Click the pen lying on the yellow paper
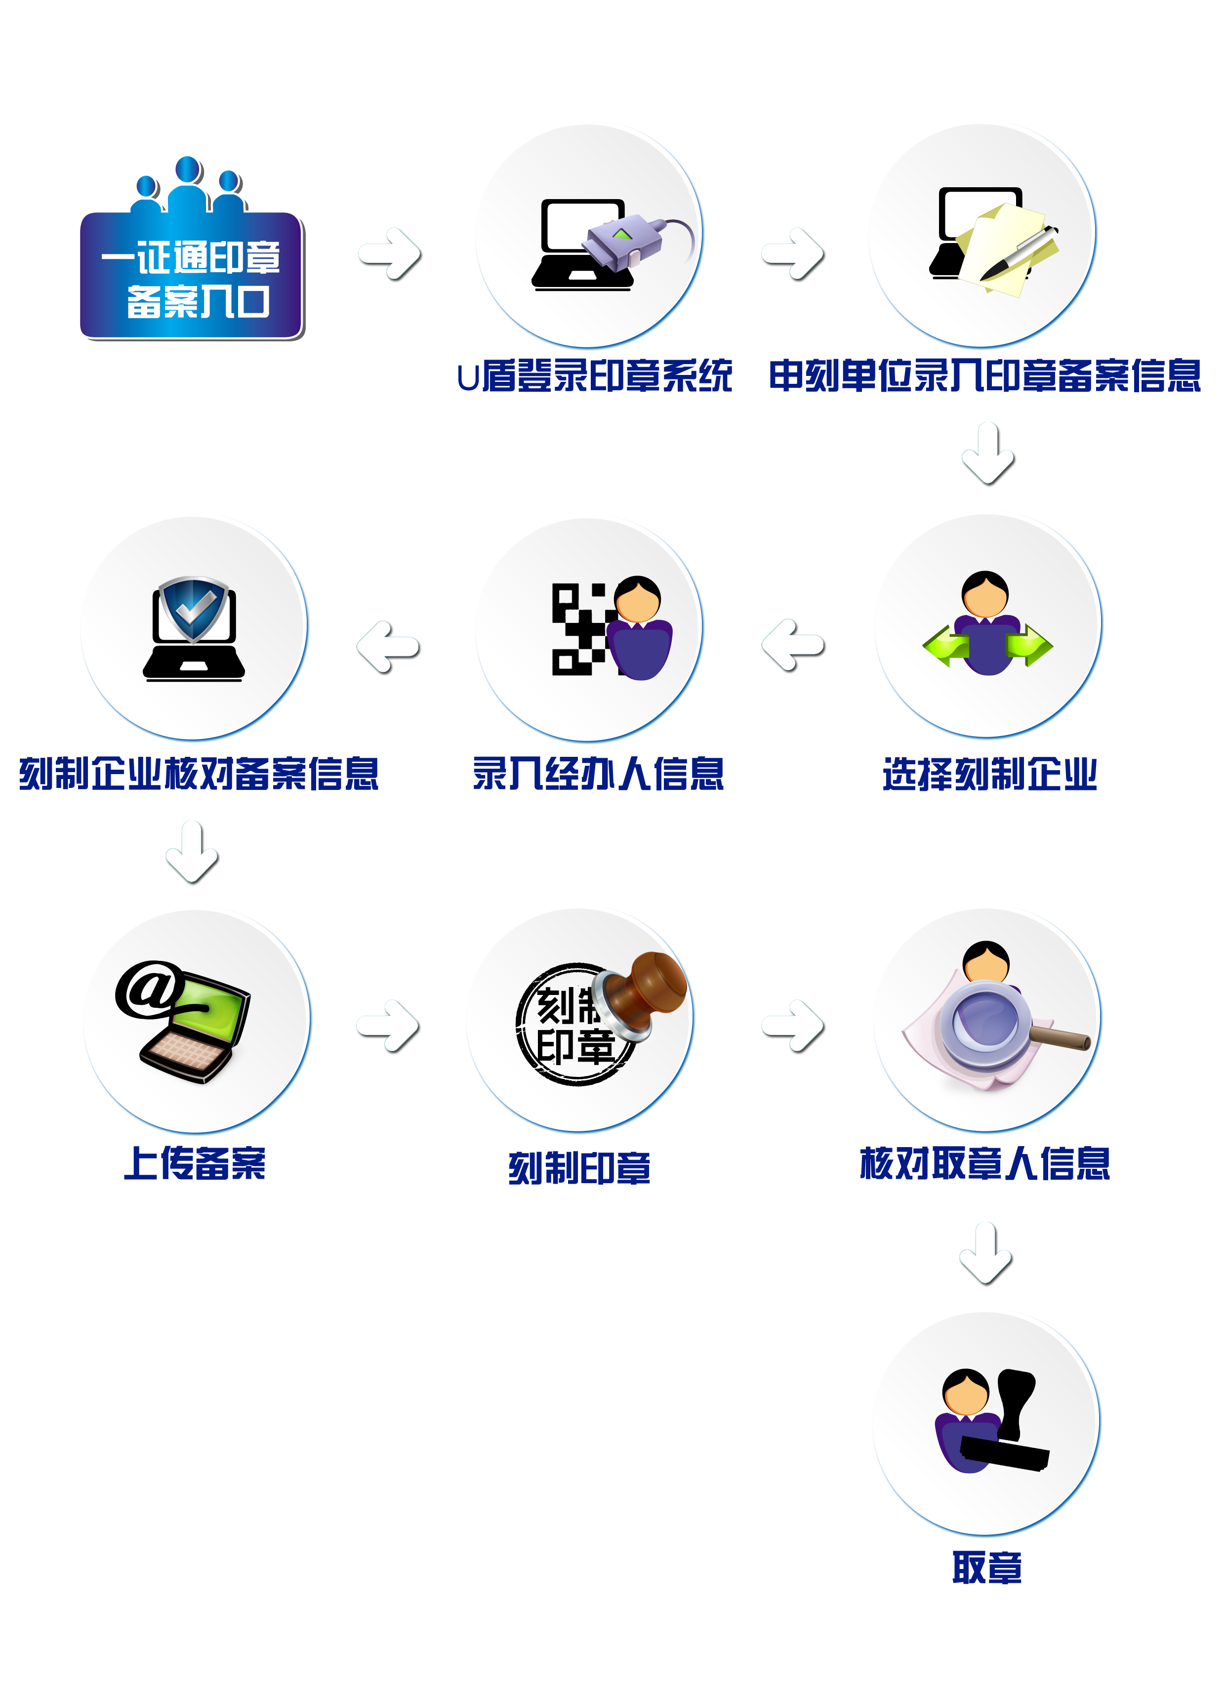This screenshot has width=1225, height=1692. [1019, 253]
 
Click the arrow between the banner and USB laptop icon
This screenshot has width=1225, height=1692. [390, 254]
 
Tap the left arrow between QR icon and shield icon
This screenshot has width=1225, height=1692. [389, 648]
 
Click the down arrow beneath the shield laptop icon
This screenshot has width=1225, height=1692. [193, 853]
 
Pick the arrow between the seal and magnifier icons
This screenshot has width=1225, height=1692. [793, 1027]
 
